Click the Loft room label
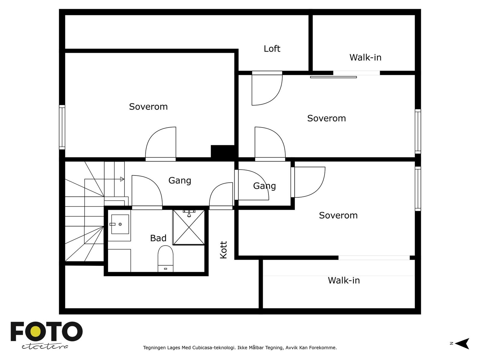[272, 49]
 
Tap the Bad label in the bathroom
[158, 238]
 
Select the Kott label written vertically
[223, 250]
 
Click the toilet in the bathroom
[166, 259]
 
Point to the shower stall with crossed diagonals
[189, 227]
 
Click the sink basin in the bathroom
[120, 224]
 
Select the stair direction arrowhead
[122, 179]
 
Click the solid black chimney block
[223, 151]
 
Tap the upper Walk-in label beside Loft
[365, 58]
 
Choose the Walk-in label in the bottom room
[344, 280]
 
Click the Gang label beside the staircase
[180, 181]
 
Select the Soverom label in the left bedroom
[148, 107]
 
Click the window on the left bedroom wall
[62, 127]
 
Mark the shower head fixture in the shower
[189, 213]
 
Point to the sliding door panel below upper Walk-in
[334, 77]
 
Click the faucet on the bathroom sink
[112, 224]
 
